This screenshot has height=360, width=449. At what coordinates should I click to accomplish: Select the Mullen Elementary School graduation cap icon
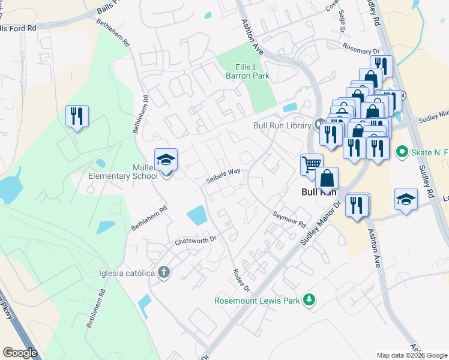[x=166, y=160]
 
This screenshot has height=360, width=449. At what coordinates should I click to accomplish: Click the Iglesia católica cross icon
[x=164, y=273]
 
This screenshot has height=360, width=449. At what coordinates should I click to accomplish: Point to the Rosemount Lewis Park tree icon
[x=309, y=299]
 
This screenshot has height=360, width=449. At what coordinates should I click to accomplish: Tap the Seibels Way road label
[x=223, y=175]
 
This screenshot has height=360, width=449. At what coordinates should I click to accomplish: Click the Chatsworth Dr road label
[x=195, y=241]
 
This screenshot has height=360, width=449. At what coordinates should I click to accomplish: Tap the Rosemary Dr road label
[x=361, y=48]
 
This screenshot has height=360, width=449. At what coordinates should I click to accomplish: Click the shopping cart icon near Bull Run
[x=312, y=164]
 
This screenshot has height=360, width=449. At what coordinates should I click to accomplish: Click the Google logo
[x=20, y=352]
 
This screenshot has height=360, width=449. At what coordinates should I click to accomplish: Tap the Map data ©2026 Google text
[x=411, y=355]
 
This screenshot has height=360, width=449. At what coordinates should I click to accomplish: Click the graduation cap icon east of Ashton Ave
[x=406, y=199]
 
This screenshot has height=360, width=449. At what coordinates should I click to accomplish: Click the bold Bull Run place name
[x=318, y=193]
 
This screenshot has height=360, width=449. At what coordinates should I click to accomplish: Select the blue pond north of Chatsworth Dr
[x=197, y=215]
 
